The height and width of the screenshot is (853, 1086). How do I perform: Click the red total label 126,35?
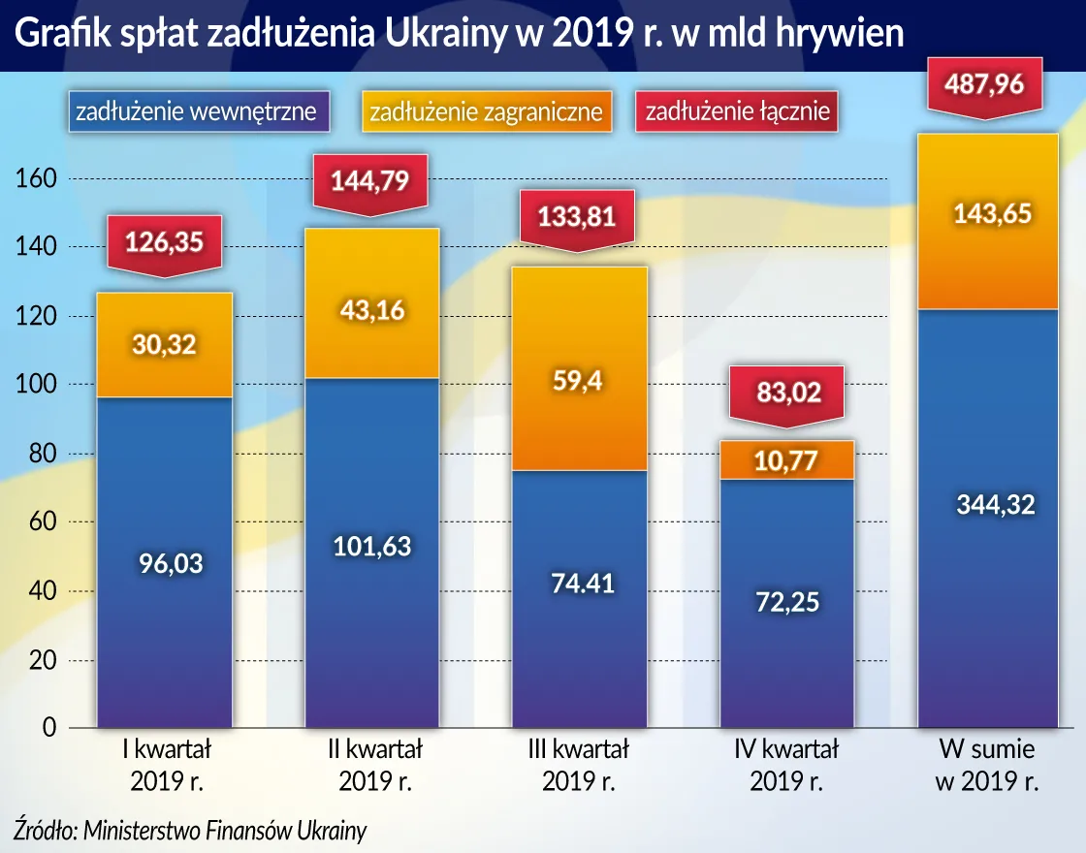point(163,241)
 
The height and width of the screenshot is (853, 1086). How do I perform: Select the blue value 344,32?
point(987,504)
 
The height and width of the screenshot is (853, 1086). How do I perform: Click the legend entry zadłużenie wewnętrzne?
point(196,111)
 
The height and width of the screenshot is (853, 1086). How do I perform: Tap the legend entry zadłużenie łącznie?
point(738,111)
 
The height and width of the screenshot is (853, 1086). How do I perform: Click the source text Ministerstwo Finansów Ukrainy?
point(225,831)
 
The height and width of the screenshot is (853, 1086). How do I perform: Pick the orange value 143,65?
point(987,214)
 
